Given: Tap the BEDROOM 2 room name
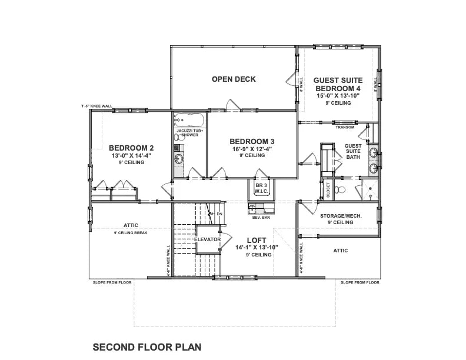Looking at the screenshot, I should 131,148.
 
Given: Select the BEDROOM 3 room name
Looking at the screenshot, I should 252,141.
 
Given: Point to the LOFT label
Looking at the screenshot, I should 257,239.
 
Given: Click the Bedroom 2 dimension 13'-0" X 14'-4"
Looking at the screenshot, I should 132,155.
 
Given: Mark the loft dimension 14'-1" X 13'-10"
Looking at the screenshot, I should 256,248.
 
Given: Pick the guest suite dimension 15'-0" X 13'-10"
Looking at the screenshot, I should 337,95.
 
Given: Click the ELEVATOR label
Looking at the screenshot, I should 208,239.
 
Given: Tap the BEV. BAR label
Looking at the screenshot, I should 261,218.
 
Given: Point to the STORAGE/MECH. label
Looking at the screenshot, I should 341,216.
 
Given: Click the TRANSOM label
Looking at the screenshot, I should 344,127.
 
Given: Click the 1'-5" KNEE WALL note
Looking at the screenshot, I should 96,106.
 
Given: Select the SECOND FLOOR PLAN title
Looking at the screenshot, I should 147,347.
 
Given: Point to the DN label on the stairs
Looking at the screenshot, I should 219,214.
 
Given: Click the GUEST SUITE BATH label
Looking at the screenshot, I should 352,151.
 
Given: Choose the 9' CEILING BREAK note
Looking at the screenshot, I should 131,233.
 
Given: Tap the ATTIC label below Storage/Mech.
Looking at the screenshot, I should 340,251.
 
